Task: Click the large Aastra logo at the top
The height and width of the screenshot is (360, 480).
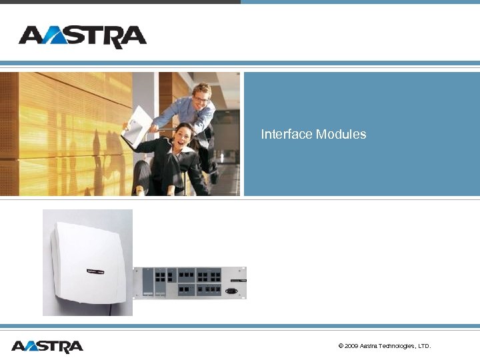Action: point(83,37)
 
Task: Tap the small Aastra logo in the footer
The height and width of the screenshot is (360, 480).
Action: point(47,347)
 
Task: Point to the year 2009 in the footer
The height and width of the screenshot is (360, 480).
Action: point(351,346)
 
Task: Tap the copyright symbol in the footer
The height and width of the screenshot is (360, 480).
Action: point(341,346)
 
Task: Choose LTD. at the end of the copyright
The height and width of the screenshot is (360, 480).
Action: point(423,346)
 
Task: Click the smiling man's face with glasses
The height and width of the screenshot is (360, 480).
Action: point(201,94)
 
